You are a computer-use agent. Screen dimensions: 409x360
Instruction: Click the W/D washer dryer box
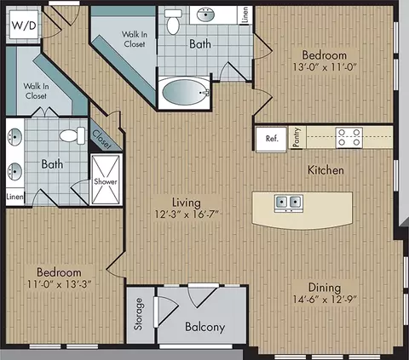pyautogui.click(x=24, y=25)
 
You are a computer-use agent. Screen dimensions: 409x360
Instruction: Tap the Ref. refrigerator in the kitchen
pyautogui.click(x=271, y=139)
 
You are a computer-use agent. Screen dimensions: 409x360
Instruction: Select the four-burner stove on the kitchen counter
pyautogui.click(x=349, y=137)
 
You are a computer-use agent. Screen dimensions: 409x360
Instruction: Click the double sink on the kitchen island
pyautogui.click(x=289, y=203)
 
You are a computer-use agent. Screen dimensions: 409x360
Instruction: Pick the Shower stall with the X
pyautogui.click(x=106, y=180)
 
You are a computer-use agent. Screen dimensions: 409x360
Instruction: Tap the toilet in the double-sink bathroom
pyautogui.click(x=72, y=135)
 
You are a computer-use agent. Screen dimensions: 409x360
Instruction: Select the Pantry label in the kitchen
pyautogui.click(x=297, y=137)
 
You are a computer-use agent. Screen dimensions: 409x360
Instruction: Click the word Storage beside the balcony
pyautogui.click(x=139, y=314)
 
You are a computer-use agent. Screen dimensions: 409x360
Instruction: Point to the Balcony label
pyautogui.click(x=204, y=327)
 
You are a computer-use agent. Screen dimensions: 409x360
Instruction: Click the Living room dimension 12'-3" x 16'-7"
pyautogui.click(x=187, y=214)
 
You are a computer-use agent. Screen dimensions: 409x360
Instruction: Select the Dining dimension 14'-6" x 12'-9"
pyautogui.click(x=325, y=300)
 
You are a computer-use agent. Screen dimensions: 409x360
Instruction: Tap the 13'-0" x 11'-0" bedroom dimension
pyautogui.click(x=325, y=67)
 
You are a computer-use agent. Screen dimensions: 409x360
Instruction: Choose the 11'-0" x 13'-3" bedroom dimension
pyautogui.click(x=59, y=284)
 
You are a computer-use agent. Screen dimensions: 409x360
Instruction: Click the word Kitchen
pyautogui.click(x=325, y=170)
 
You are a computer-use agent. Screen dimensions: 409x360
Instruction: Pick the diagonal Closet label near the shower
pyautogui.click(x=102, y=140)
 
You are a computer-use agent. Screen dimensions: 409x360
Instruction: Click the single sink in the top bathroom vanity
pyautogui.click(x=205, y=15)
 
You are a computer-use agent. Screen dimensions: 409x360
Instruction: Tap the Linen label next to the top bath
pyautogui.click(x=245, y=14)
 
